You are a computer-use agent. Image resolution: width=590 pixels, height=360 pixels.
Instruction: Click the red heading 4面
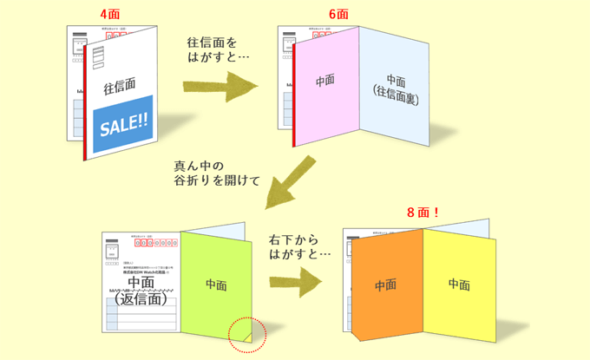point(109,15)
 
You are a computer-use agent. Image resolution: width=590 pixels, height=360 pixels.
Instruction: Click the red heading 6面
point(338,15)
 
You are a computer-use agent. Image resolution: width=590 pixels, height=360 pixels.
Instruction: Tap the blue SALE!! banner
point(124,125)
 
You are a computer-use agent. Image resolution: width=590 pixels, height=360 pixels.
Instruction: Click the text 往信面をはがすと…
point(212,49)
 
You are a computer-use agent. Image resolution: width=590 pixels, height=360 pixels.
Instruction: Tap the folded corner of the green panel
point(245,331)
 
